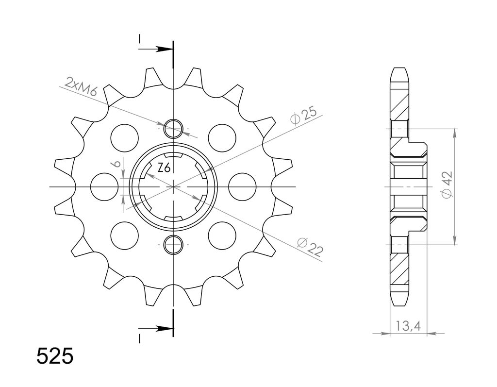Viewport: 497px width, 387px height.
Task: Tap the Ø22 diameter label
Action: [x=310, y=247]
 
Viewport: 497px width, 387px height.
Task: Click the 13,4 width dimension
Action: [x=408, y=326]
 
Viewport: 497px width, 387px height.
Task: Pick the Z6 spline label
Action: [x=164, y=168]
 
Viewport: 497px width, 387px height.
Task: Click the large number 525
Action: [x=55, y=356]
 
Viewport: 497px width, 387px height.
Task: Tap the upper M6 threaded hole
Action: [x=173, y=129]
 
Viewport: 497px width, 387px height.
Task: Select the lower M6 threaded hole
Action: [x=173, y=245]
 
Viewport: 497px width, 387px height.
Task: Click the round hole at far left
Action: [x=104, y=187]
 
